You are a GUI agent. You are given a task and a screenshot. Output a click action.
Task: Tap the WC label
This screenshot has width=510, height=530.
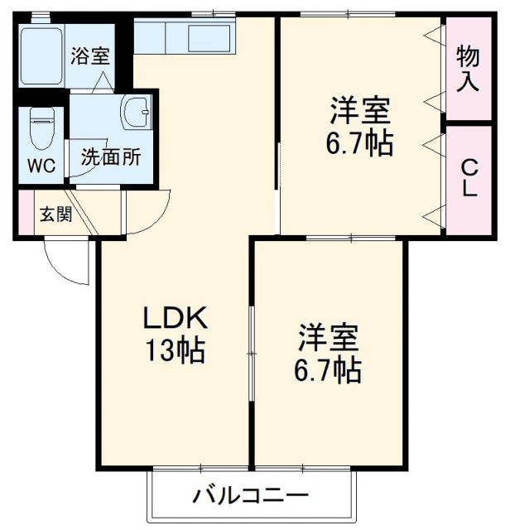[x=42, y=164]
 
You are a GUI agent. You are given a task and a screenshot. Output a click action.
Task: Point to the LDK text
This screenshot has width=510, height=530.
[x=175, y=319]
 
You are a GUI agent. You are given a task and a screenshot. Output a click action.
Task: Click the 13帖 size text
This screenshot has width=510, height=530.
[x=175, y=353]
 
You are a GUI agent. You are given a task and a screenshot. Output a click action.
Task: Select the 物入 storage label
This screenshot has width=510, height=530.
[x=469, y=69]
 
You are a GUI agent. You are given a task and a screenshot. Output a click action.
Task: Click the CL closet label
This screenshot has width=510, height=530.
[x=469, y=177]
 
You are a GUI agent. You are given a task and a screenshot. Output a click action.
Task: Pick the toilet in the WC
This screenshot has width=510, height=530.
[x=40, y=126]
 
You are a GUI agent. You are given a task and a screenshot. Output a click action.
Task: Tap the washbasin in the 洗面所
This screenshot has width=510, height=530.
[x=135, y=112]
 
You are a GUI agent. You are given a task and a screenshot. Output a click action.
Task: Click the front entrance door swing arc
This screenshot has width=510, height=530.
[x=66, y=261]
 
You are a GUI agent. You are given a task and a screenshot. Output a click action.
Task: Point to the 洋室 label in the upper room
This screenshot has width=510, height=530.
[x=360, y=110]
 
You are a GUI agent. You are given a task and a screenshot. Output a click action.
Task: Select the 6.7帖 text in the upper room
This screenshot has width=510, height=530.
[x=360, y=143]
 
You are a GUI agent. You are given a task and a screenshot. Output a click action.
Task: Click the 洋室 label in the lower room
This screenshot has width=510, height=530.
[x=329, y=337]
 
